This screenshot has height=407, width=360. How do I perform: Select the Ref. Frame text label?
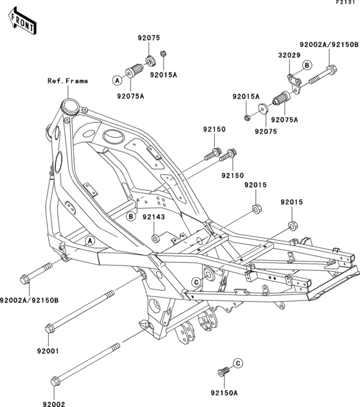pyautogui.click(x=67, y=81)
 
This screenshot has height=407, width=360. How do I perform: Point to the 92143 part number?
pyautogui.click(x=154, y=217)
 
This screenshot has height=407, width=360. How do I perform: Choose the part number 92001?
pyautogui.click(x=48, y=351)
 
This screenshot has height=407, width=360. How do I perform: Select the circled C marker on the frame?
pyautogui.click(x=194, y=282)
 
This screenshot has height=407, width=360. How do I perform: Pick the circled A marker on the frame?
pyautogui.click(x=91, y=240)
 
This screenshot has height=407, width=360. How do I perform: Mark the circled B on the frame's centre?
pyautogui.click(x=130, y=216)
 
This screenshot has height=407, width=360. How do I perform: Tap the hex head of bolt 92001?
pyautogui.click(x=49, y=329)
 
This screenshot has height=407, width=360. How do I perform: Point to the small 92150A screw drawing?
pyautogui.click(x=224, y=372)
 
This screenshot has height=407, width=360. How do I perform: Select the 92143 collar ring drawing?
pyautogui.click(x=155, y=239)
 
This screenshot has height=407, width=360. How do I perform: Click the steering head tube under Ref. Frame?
pyautogui.click(x=68, y=105)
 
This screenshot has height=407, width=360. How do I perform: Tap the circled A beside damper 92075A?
pyautogui.click(x=118, y=80)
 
